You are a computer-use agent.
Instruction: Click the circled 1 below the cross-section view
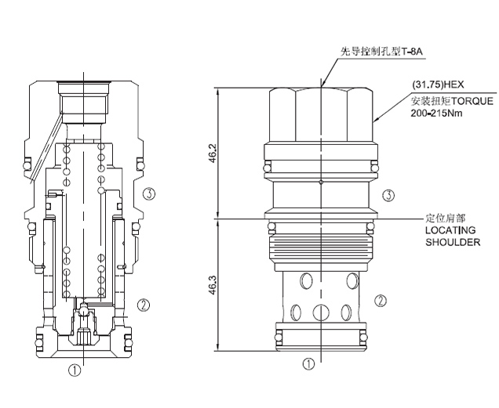coord(75,370)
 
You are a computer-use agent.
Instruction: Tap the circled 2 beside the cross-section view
coord(144,305)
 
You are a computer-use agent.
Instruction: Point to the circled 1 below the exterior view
coord(310,364)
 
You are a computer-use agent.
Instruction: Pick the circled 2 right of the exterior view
coord(380,300)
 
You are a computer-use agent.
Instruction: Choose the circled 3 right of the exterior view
coord(385,196)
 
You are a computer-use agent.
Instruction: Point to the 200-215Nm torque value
coord(437,112)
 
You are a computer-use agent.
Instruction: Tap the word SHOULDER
coord(453,243)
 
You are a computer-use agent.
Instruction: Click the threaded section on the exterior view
coord(321,249)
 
